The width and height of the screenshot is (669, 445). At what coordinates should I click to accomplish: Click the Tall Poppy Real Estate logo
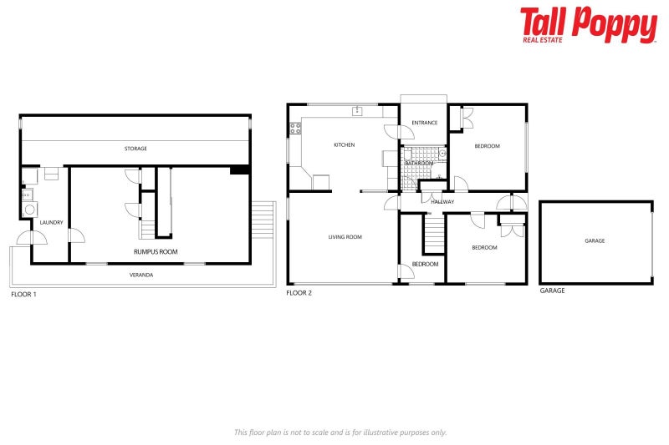(588, 25)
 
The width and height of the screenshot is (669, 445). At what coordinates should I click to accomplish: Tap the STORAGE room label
(135, 149)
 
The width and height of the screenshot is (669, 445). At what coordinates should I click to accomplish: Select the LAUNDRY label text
(51, 222)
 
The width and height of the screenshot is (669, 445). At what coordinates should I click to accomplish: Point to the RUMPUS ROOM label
(156, 251)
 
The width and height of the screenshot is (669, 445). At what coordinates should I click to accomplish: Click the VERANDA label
(140, 275)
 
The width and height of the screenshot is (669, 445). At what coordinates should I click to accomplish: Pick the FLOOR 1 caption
(23, 294)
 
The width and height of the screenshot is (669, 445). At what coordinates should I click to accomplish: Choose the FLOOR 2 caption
(299, 293)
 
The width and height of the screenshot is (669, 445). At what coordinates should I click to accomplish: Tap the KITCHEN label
(344, 145)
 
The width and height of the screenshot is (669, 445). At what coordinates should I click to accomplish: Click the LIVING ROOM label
(345, 237)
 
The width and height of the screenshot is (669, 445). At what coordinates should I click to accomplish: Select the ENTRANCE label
(424, 123)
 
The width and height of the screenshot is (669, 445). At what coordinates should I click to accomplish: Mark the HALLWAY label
(442, 202)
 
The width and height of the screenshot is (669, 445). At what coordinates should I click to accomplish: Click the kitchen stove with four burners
(294, 129)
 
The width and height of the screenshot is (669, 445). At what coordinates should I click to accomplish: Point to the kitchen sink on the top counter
(357, 110)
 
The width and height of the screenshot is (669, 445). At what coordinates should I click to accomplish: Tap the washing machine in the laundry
(28, 210)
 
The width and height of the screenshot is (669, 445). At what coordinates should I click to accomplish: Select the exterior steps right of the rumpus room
(263, 221)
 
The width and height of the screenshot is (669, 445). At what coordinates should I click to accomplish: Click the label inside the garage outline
(595, 240)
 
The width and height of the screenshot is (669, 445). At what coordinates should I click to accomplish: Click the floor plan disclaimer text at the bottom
(340, 432)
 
